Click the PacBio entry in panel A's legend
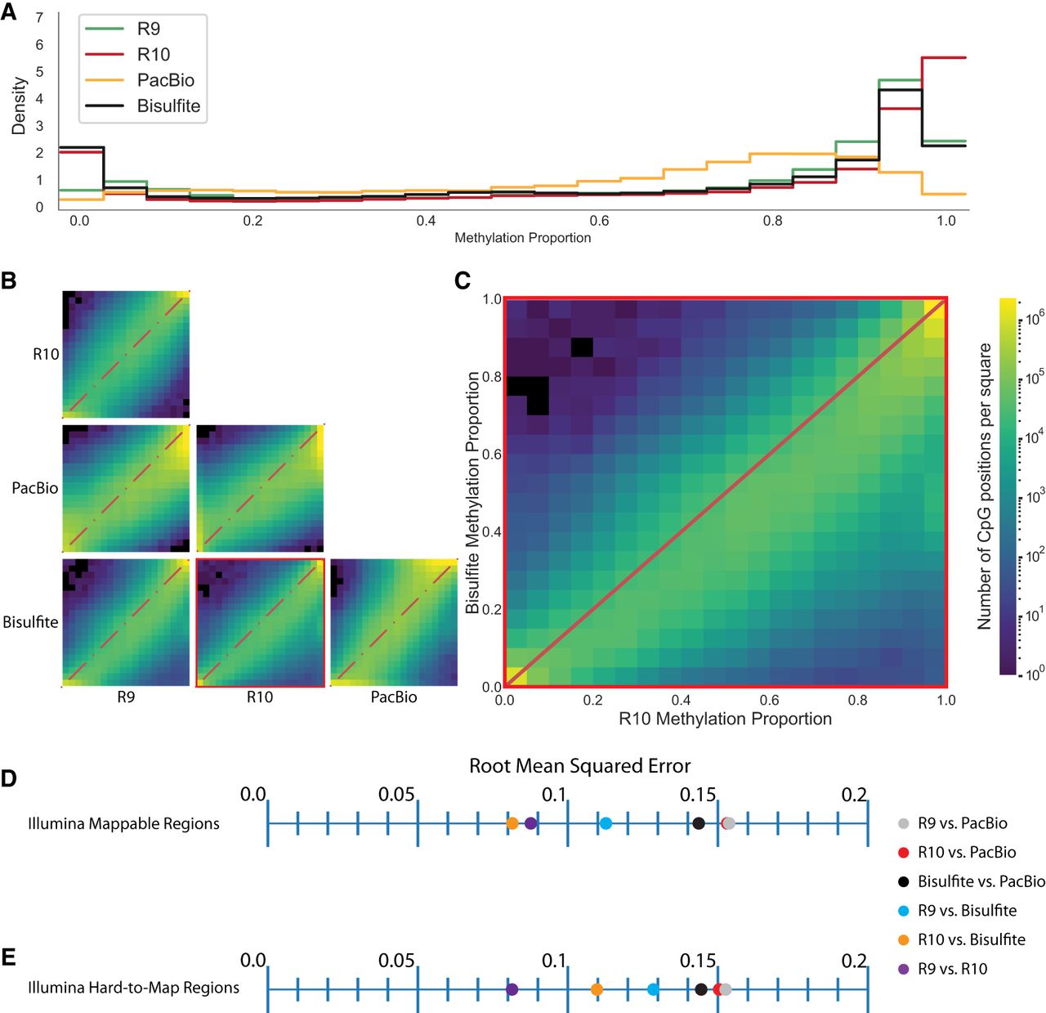tap(165, 80)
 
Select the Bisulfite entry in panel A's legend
tap(168, 105)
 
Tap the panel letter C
tap(462, 280)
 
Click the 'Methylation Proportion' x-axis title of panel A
tap(522, 238)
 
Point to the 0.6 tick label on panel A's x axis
tap(599, 221)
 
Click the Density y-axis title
tap(19, 105)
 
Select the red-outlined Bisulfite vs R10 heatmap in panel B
tap(260, 623)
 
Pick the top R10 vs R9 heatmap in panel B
tap(126, 354)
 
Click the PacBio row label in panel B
tap(35, 488)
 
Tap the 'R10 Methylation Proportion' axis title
tap(725, 719)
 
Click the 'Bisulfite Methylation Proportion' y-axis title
tap(472, 492)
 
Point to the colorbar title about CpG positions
tap(984, 486)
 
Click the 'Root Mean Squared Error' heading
tap(579, 766)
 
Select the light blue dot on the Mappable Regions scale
tap(606, 823)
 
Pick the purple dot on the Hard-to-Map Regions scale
tap(512, 989)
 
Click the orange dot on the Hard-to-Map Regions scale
tap(597, 989)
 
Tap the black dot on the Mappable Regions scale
tap(698, 823)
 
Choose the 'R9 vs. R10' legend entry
tap(952, 969)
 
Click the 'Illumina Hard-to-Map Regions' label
tap(133, 988)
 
